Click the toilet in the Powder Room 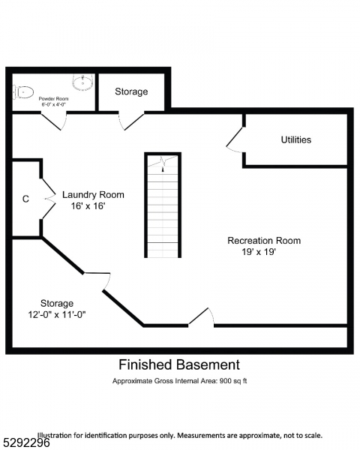tap(23, 92)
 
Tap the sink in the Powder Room tap(82, 80)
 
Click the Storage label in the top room tap(131, 91)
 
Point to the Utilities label tap(295, 139)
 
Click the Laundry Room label tap(93, 194)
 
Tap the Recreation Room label tap(264, 241)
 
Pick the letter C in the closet tap(25, 199)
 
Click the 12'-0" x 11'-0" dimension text tap(52, 314)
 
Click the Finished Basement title tap(179, 365)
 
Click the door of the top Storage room tap(132, 120)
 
